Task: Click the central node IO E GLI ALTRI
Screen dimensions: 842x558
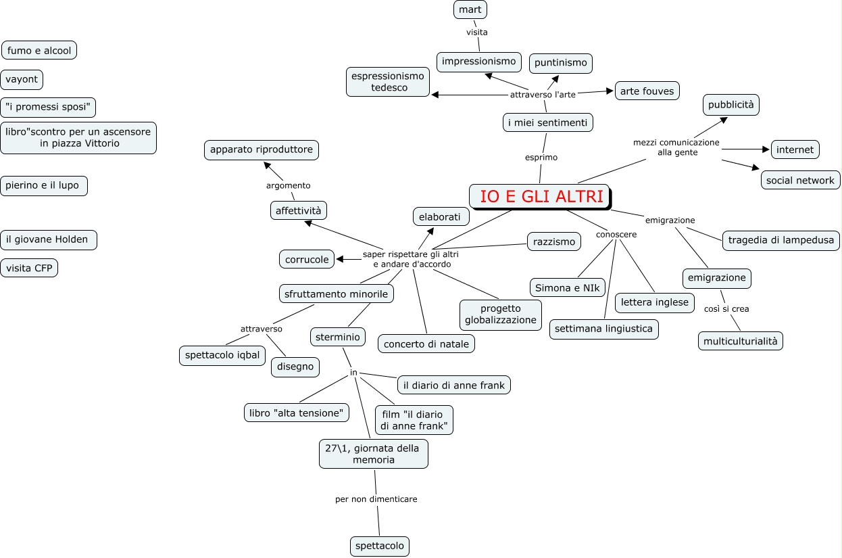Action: tap(540, 197)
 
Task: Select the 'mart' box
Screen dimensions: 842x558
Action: tap(470, 9)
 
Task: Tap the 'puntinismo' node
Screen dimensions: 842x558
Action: tap(560, 63)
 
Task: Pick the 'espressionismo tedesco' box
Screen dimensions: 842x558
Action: tap(389, 82)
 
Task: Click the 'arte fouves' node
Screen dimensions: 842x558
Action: tap(647, 91)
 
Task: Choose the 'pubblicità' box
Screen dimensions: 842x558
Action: tap(731, 105)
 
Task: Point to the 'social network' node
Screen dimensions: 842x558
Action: tap(800, 180)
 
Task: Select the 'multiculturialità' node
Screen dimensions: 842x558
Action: tap(741, 341)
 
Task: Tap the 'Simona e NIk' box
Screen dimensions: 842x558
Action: tap(567, 287)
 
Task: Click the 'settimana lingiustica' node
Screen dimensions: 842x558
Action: tap(603, 329)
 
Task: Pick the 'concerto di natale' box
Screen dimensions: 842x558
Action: tap(426, 344)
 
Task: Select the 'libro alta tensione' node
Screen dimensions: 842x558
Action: tap(297, 413)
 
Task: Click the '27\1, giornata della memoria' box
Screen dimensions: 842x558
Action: tap(373, 454)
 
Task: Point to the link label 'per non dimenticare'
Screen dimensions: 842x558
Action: tap(376, 499)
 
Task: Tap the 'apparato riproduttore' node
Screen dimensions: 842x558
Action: tap(262, 149)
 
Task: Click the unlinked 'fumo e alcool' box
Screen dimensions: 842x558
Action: tap(39, 50)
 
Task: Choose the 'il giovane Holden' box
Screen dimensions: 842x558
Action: tap(49, 239)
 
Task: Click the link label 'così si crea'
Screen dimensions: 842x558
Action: tap(726, 308)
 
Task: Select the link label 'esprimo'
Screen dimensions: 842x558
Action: tap(541, 158)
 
